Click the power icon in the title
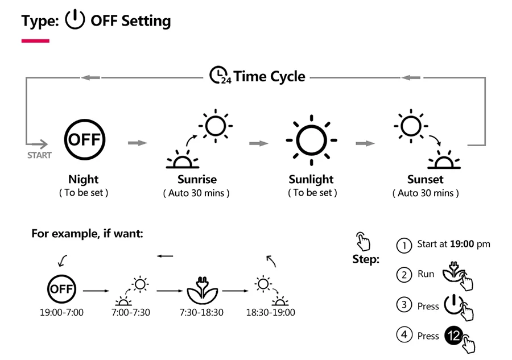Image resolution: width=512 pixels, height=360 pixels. pyautogui.click(x=75, y=20)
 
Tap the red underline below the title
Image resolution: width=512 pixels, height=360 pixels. pyautogui.click(x=35, y=41)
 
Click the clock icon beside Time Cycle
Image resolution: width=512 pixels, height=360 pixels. pyautogui.click(x=218, y=76)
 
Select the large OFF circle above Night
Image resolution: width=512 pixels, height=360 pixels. pyautogui.click(x=84, y=139)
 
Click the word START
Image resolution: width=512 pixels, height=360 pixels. pyautogui.click(x=39, y=155)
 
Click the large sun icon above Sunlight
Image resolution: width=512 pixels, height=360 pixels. pyautogui.click(x=311, y=139)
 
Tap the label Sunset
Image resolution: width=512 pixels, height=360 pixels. pyautogui.click(x=425, y=180)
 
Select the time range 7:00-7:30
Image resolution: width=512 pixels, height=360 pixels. pyautogui.click(x=132, y=312)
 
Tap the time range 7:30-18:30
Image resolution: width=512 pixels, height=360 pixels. pyautogui.click(x=201, y=312)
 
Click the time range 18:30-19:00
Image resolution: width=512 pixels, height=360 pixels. pyautogui.click(x=270, y=312)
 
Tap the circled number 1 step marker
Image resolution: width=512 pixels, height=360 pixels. pyautogui.click(x=403, y=245)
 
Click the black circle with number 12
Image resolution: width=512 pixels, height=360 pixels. pyautogui.click(x=453, y=336)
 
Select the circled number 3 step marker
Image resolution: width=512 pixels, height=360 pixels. pyautogui.click(x=403, y=305)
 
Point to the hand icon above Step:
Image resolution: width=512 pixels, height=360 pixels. pyautogui.click(x=363, y=241)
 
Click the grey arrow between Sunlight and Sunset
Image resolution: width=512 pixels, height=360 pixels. pyautogui.click(x=365, y=143)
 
